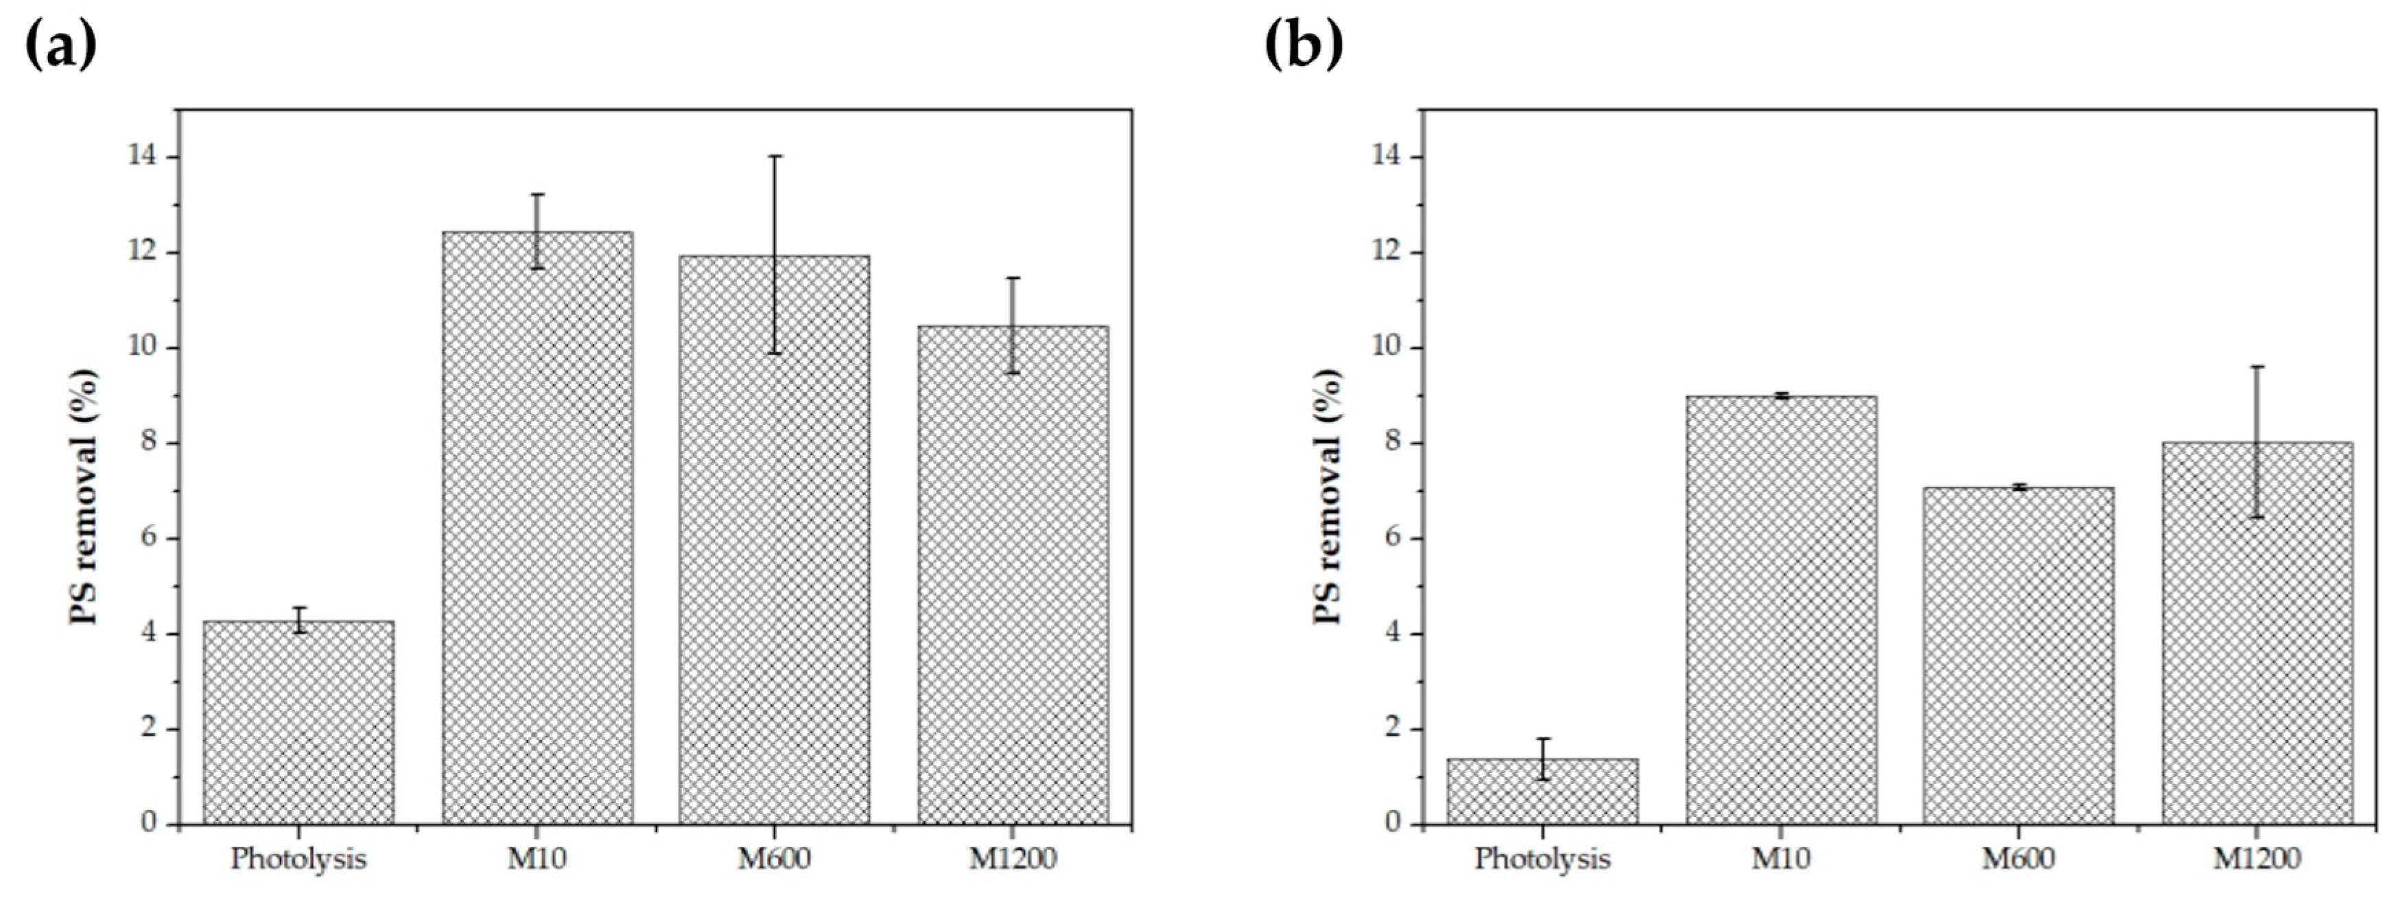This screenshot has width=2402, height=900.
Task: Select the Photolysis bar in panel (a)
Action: click(298, 723)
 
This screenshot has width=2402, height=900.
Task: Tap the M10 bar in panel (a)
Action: click(537, 528)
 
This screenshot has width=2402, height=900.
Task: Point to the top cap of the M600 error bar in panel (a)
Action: click(775, 157)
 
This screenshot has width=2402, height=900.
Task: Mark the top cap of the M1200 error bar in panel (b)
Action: click(2257, 367)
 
